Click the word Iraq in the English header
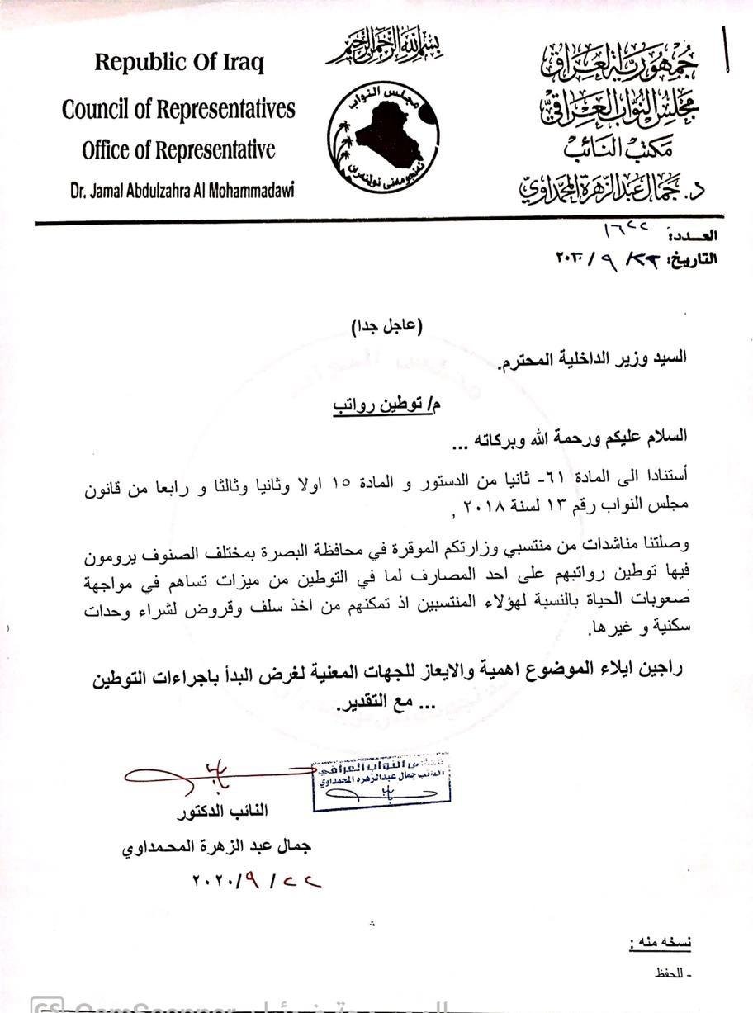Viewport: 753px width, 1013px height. [x=242, y=64]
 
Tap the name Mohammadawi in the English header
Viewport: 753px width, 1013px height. [x=251, y=191]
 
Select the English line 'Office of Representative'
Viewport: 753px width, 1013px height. [x=178, y=150]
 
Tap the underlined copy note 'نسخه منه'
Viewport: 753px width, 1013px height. [x=659, y=942]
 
